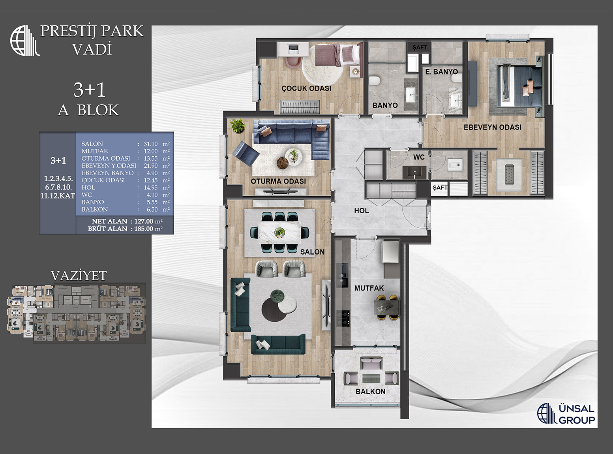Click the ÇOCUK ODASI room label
(x=306, y=88)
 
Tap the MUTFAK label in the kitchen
(x=369, y=288)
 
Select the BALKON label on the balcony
(x=370, y=392)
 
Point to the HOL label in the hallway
(x=362, y=211)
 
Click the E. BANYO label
(x=442, y=72)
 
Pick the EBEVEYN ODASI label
(x=493, y=128)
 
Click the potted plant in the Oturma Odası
(x=237, y=126)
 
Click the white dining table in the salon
(x=280, y=232)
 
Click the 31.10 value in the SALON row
(x=150, y=144)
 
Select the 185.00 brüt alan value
(x=144, y=229)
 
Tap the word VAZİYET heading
(x=79, y=276)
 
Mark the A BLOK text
(x=88, y=110)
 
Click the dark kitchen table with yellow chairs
(x=387, y=307)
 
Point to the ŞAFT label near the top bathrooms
(x=420, y=47)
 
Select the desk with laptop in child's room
(x=292, y=50)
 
